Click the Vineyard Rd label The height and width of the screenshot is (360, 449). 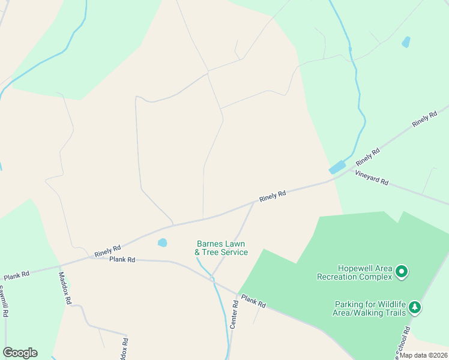(372, 178)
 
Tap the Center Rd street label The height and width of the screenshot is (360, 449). (234, 314)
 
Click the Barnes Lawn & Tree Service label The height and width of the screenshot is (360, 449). (221, 248)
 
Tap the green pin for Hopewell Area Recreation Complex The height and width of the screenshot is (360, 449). (402, 272)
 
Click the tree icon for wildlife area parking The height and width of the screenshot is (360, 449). (415, 308)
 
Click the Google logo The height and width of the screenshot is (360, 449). (20, 353)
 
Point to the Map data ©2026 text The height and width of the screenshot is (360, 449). (424, 355)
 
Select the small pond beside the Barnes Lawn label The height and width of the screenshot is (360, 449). (162, 242)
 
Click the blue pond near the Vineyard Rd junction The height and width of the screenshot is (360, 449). (337, 167)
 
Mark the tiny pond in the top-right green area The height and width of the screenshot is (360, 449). (406, 42)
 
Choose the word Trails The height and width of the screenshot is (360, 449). (394, 312)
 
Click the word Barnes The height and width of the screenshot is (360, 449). (211, 244)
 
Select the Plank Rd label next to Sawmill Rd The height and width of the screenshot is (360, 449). (16, 276)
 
